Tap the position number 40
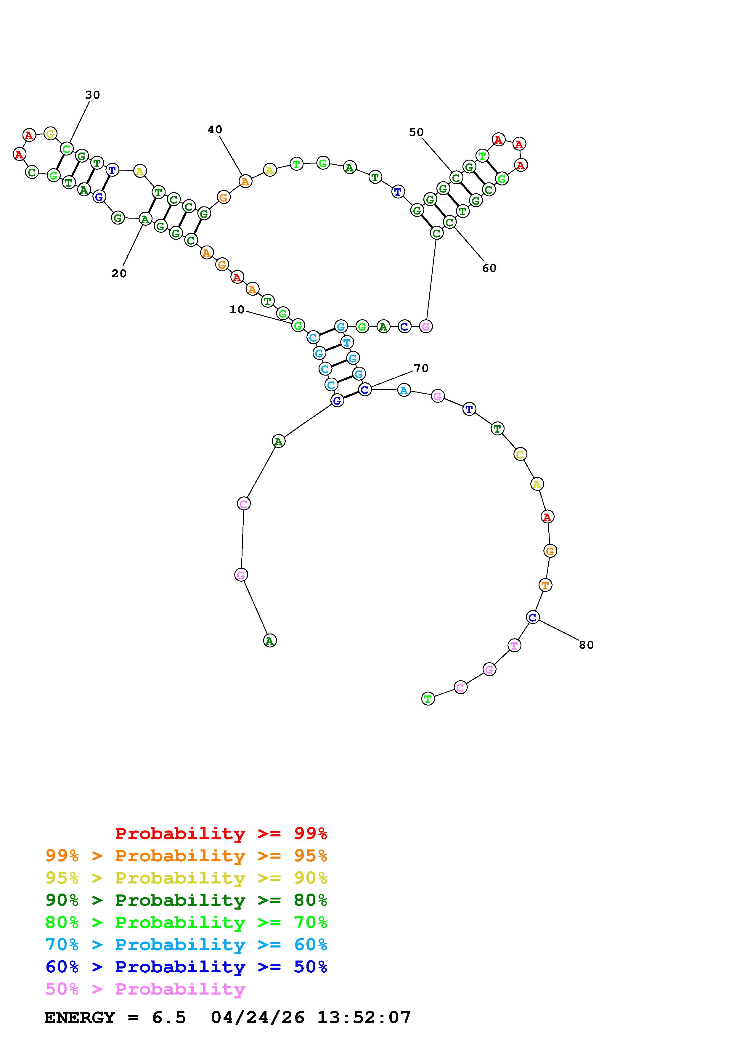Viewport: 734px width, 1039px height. [215, 130]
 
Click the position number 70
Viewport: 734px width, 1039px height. [421, 368]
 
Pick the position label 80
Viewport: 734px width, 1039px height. [586, 645]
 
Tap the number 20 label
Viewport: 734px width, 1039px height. [119, 273]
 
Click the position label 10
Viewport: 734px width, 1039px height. [237, 310]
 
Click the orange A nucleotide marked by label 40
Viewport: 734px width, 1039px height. [245, 182]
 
